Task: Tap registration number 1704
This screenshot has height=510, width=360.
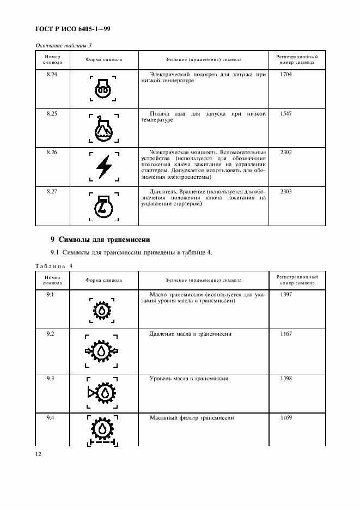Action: click(x=286, y=74)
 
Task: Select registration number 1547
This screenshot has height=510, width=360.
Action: click(x=286, y=113)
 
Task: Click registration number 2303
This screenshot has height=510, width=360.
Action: click(x=286, y=191)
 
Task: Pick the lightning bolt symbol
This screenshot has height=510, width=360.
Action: click(x=103, y=167)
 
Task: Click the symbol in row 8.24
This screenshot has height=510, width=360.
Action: click(x=103, y=89)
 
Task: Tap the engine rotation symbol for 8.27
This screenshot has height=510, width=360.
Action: click(x=103, y=206)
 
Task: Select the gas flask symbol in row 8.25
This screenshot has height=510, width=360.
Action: click(x=103, y=128)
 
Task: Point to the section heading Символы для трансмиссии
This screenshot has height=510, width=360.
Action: click(x=100, y=239)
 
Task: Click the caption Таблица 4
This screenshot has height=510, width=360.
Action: click(x=54, y=265)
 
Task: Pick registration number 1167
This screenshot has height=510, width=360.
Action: click(x=286, y=333)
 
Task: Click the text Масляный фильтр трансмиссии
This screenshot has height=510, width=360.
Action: click(x=192, y=418)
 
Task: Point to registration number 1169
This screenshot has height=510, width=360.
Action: click(x=286, y=418)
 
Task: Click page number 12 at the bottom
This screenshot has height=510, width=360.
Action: click(x=39, y=453)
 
